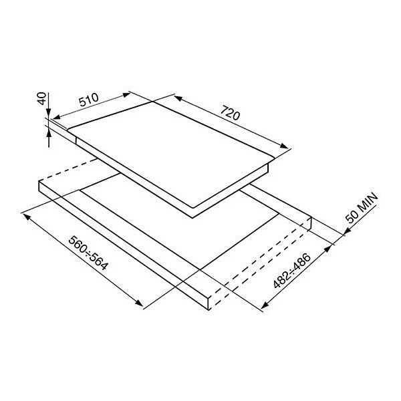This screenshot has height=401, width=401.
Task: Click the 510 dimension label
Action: click(x=88, y=100)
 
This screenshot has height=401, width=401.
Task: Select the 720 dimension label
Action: click(x=230, y=113)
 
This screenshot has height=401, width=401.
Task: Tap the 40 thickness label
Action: click(x=41, y=98)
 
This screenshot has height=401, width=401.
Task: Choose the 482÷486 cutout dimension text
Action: click(x=292, y=270)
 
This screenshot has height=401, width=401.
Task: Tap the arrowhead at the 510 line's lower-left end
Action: click(x=56, y=117)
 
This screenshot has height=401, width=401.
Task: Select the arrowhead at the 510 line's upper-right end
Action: click(x=126, y=95)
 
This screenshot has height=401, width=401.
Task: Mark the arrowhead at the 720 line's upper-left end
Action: click(x=178, y=98)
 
